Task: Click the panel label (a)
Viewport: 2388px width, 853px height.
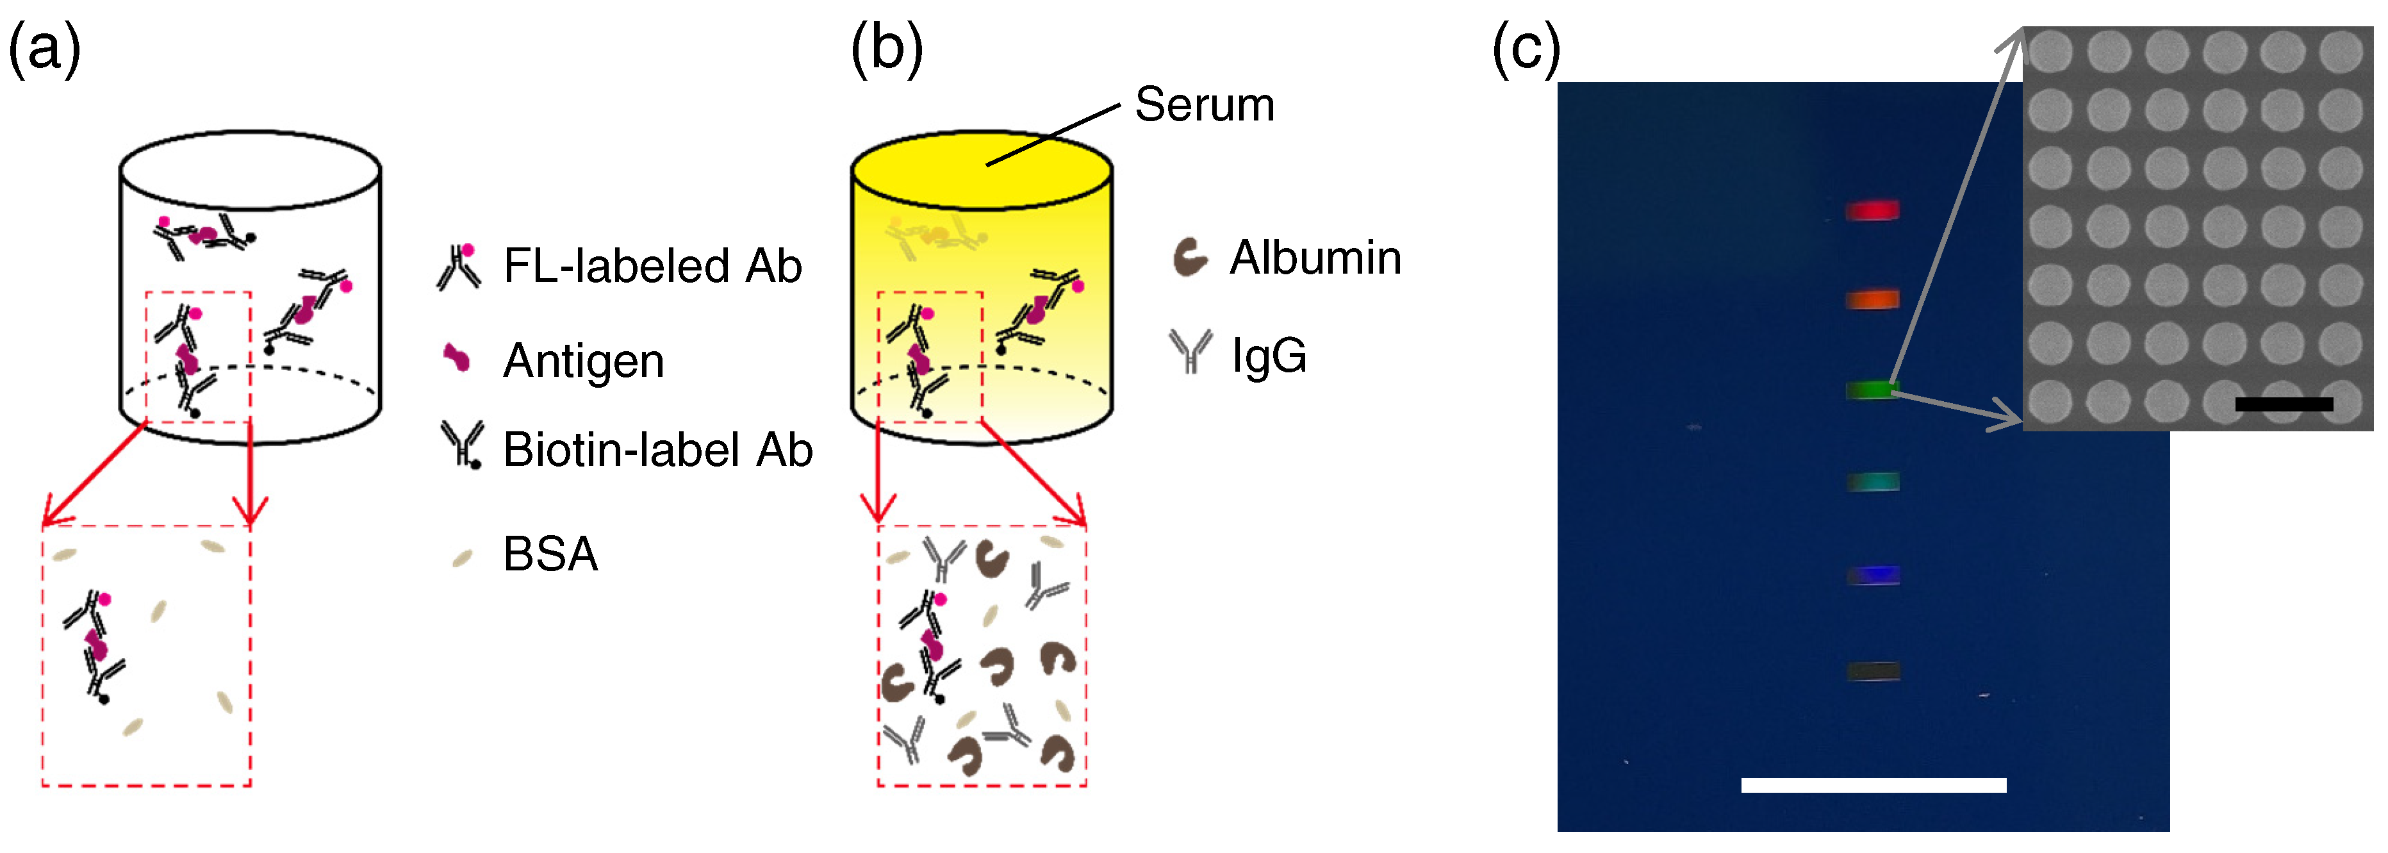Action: coord(44,48)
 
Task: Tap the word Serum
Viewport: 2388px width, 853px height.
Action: coord(1204,104)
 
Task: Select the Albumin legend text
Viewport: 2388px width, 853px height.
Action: coord(1315,258)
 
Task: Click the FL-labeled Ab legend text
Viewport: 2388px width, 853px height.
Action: coord(652,266)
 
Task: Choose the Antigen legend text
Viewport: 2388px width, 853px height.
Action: coord(583,361)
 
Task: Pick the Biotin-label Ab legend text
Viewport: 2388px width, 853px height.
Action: coord(657,451)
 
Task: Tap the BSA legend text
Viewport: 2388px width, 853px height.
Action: coord(550,554)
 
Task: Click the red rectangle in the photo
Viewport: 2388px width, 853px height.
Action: coord(1873,210)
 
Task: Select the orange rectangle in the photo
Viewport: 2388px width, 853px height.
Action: coord(1873,299)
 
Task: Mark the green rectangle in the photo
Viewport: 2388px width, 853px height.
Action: coord(1871,390)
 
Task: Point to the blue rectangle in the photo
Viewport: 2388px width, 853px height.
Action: coord(1873,575)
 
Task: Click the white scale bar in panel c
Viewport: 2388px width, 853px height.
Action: coord(1873,785)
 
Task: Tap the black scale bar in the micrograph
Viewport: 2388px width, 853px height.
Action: coord(2284,404)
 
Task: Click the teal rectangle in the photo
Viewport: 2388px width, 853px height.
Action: coord(1873,481)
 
